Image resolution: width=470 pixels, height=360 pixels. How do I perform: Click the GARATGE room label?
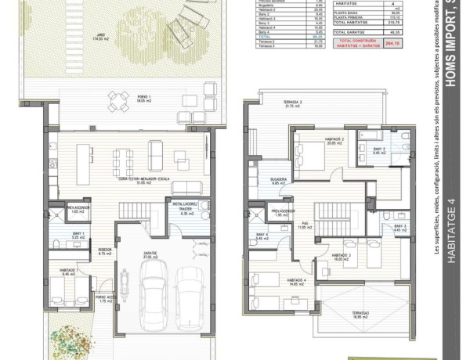click(150, 254)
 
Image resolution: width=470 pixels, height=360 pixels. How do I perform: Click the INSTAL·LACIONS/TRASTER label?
click(186, 207)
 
